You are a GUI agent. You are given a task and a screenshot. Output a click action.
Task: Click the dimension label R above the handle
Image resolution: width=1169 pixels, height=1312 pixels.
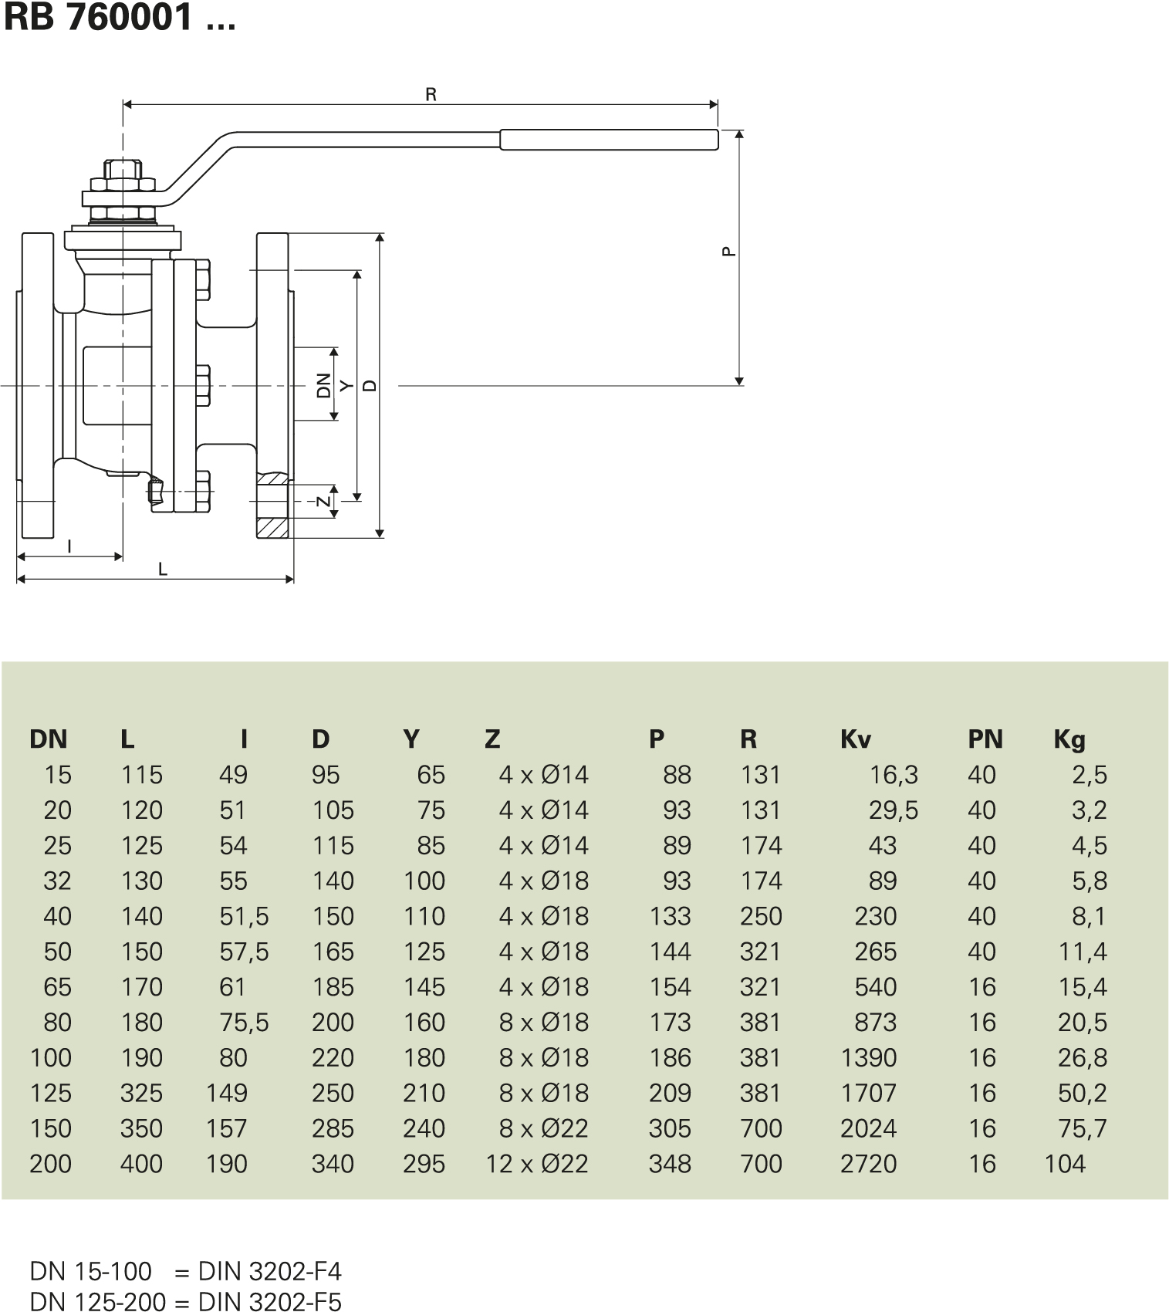point(431,94)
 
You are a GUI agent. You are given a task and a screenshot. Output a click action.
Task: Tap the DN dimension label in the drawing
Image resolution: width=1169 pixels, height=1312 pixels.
point(324,384)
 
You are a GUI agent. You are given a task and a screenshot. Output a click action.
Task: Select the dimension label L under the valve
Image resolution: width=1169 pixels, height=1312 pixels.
point(163,570)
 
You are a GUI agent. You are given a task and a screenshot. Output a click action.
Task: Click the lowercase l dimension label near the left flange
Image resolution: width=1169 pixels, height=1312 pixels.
point(69,546)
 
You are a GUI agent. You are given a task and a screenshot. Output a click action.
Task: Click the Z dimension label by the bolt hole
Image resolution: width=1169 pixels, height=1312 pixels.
point(324,502)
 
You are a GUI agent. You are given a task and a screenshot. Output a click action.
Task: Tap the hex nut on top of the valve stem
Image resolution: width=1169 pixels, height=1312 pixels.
point(123,171)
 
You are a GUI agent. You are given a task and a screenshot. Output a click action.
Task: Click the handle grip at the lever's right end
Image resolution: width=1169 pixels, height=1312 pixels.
point(609,140)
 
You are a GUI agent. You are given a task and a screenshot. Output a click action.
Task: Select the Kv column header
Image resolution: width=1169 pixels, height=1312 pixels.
point(855,739)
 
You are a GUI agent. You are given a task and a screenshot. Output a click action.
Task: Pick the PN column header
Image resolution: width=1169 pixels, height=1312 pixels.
point(985,739)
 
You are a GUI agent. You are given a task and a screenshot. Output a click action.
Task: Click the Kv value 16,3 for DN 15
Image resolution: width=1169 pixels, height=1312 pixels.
point(894,775)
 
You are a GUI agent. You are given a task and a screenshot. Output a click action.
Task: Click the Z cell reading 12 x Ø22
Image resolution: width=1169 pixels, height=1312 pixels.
point(537,1164)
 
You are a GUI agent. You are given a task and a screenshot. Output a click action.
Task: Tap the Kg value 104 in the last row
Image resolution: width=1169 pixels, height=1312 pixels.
point(1064,1164)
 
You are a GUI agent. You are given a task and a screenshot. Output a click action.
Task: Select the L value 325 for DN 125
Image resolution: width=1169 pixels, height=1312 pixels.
point(141,1093)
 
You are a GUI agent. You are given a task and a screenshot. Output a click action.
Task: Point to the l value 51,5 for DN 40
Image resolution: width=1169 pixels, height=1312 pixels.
point(244,916)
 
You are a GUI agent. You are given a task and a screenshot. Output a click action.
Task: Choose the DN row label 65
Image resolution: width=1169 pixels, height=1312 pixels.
point(57,987)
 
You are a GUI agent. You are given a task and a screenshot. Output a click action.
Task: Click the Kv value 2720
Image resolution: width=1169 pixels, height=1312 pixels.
point(868,1164)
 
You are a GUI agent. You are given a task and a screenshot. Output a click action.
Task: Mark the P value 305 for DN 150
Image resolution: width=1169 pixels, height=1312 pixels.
point(669,1128)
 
